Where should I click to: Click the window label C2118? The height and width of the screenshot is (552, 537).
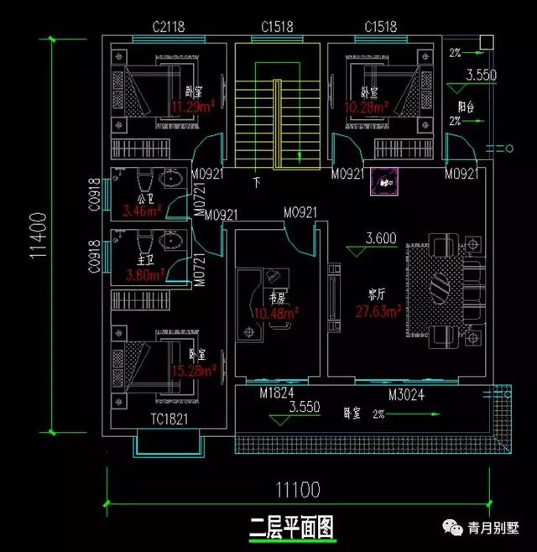pyautogui.click(x=169, y=27)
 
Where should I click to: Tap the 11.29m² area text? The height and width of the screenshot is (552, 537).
pyautogui.click(x=195, y=107)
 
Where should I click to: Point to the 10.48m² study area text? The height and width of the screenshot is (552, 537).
pyautogui.click(x=277, y=314)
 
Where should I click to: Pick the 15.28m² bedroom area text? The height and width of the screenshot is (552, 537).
pyautogui.click(x=194, y=369)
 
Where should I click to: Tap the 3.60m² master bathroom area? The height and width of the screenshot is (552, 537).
pyautogui.click(x=143, y=274)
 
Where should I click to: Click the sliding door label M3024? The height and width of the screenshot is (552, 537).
pyautogui.click(x=404, y=393)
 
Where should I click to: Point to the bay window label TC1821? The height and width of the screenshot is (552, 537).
pyautogui.click(x=169, y=419)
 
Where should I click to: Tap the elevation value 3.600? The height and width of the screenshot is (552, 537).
pyautogui.click(x=381, y=239)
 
